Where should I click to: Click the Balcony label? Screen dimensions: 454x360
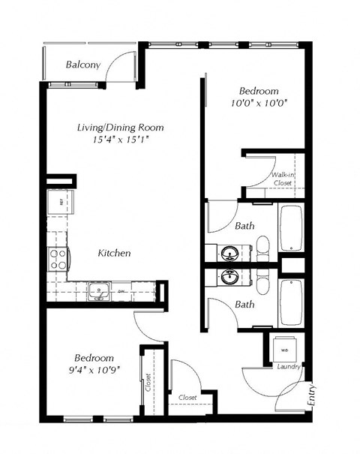tap(83, 65)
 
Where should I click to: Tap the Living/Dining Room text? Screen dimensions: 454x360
tap(120, 128)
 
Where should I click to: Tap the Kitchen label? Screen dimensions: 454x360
tap(115, 253)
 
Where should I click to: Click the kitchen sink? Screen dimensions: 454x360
tap(98, 290)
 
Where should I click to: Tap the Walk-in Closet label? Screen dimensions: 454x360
tap(282, 178)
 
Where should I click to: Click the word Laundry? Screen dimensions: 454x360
tap(289, 367)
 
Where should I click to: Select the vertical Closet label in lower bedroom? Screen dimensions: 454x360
tap(148, 383)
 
